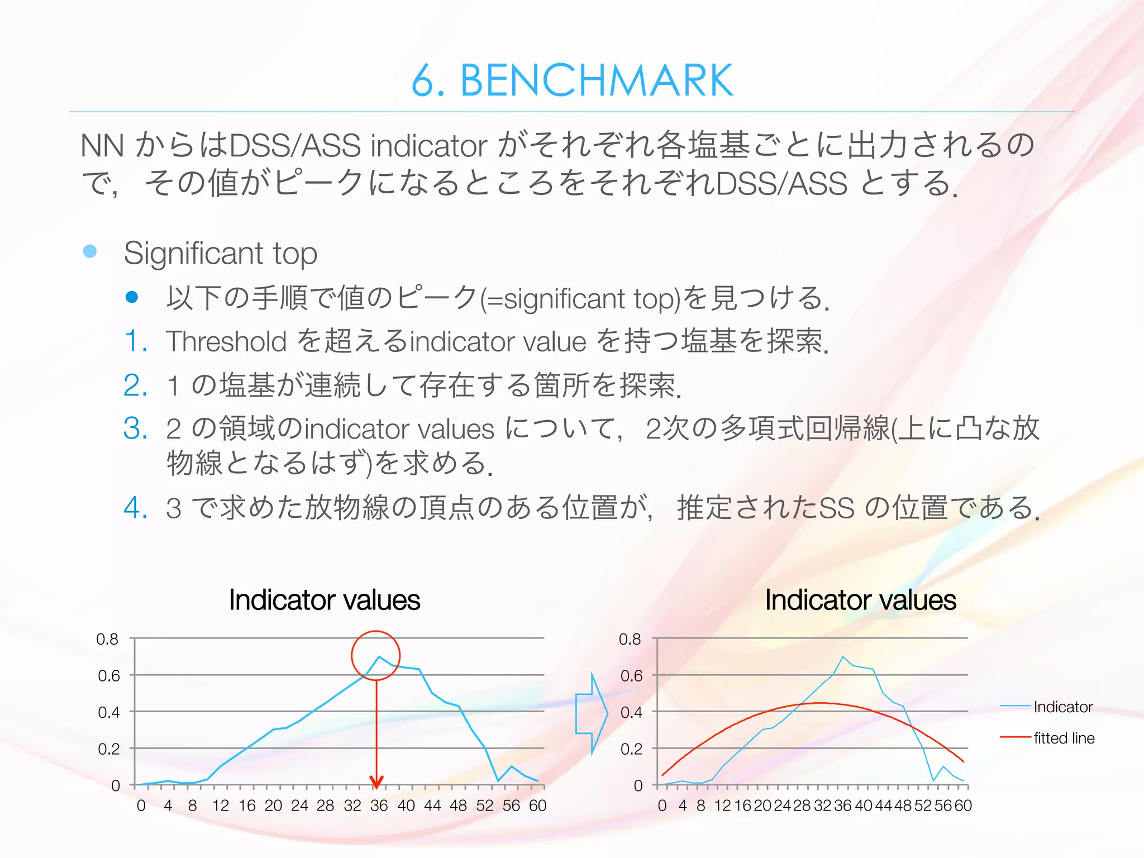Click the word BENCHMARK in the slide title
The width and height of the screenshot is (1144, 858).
pyautogui.click(x=596, y=81)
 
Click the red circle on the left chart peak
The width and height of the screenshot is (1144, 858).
pyautogui.click(x=375, y=632)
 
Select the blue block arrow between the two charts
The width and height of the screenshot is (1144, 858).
pyautogui.click(x=591, y=713)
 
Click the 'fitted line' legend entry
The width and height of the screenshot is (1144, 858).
pyautogui.click(x=1064, y=738)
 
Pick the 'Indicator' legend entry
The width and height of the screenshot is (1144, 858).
pyautogui.click(x=1062, y=707)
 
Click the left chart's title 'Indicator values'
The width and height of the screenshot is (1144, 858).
pyautogui.click(x=325, y=600)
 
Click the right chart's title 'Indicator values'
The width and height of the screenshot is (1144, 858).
pyautogui.click(x=860, y=600)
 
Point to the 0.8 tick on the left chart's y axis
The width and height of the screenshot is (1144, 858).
pyautogui.click(x=107, y=639)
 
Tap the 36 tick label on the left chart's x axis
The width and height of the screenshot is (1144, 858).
pyautogui.click(x=379, y=805)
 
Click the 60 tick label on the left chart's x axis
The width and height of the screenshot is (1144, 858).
pyautogui.click(x=537, y=805)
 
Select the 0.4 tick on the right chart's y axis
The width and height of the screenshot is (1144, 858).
pyautogui.click(x=631, y=712)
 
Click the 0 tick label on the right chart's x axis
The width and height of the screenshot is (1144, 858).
pyautogui.click(x=662, y=805)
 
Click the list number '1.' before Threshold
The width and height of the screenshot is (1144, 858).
pyautogui.click(x=136, y=341)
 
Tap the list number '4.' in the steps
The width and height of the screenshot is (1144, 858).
pyautogui.click(x=136, y=508)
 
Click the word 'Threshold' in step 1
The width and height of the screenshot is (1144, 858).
pyautogui.click(x=226, y=341)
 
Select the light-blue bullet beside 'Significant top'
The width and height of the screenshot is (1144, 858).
pyautogui.click(x=90, y=251)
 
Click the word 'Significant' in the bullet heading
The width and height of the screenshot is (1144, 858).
pyautogui.click(x=193, y=253)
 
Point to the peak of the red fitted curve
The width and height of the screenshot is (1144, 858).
pyautogui.click(x=819, y=703)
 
